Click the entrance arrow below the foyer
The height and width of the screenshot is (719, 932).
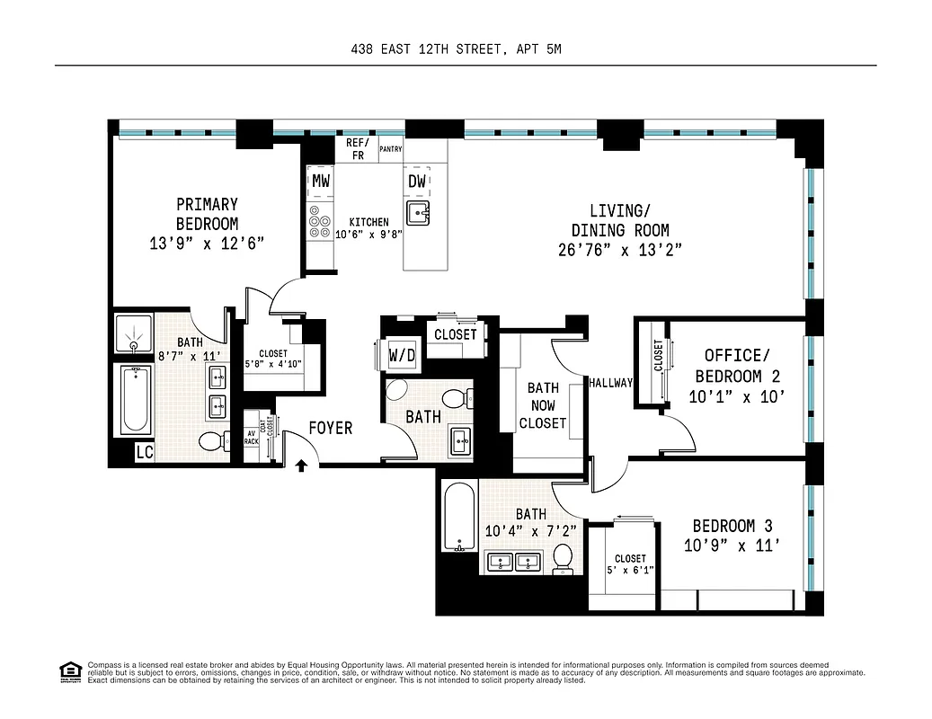(x=302, y=465)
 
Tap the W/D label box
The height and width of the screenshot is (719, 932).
(x=402, y=356)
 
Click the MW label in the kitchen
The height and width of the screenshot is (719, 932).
(x=320, y=181)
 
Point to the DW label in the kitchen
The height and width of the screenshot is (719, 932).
(x=417, y=181)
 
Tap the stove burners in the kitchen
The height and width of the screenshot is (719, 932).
(x=319, y=222)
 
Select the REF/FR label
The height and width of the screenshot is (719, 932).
(x=356, y=149)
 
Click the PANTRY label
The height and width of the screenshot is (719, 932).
(x=390, y=149)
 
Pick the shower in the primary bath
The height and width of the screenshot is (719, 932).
(x=133, y=333)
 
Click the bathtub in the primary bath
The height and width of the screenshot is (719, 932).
(x=133, y=400)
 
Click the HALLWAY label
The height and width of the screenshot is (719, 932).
(x=610, y=383)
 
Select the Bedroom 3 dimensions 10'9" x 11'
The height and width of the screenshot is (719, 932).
(x=732, y=545)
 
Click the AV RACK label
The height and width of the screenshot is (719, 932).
(x=252, y=439)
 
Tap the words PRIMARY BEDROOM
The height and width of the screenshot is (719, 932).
(x=207, y=214)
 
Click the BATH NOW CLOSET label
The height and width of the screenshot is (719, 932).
(x=542, y=405)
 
